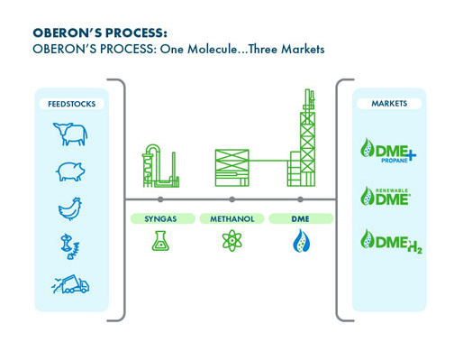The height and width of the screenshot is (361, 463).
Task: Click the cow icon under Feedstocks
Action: pos(70,134)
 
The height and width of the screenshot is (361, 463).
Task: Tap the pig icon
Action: pos(70,171)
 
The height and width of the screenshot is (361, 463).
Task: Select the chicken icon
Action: pos(70,209)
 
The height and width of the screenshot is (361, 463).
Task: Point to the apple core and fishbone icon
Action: pos(69,246)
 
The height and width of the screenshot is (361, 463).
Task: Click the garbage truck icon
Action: pos(70,284)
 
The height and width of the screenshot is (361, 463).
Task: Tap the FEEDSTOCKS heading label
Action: pos(72,104)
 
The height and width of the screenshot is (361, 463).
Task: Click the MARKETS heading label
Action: pos(389,104)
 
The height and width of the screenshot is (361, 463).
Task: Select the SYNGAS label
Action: pos(160,218)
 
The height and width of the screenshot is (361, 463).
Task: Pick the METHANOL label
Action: pos(232,218)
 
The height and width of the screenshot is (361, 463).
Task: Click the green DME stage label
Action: pos(301,218)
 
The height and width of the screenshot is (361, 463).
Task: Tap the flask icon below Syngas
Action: pos(160,241)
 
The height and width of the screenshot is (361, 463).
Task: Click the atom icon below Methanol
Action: pos(231,241)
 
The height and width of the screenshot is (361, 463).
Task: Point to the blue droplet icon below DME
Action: pos(301,241)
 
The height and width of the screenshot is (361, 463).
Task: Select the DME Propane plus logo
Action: pos(388,151)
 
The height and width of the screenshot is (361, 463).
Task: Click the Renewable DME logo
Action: pos(386,196)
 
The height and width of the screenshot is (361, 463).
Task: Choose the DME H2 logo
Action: pos(391,242)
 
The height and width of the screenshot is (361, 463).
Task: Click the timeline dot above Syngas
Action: pos(160,199)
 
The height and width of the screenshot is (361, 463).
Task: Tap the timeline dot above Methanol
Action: pos(231,199)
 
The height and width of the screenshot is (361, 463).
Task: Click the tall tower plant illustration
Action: pos(302,138)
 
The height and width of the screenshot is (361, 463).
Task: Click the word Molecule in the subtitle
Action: pos(212,49)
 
